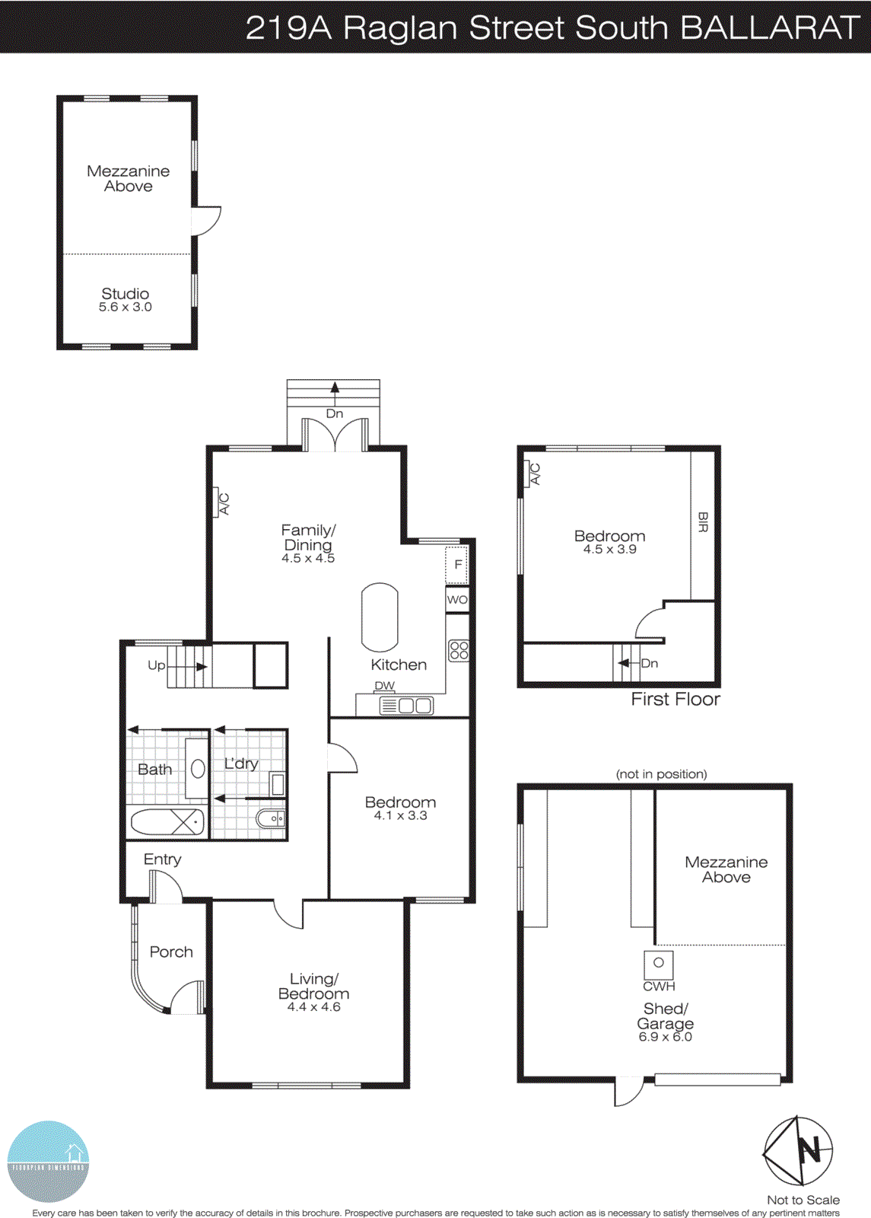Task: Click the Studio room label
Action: (126, 294)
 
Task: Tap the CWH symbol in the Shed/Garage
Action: (659, 964)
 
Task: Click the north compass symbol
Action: (798, 1151)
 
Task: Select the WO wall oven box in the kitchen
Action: (457, 600)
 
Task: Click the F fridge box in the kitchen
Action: (456, 564)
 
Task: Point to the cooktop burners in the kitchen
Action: (459, 650)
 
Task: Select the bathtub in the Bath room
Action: (167, 822)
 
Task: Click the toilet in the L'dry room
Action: (271, 819)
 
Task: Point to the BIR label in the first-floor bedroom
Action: (703, 522)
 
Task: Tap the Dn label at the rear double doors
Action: (335, 414)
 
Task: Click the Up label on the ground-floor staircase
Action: (156, 665)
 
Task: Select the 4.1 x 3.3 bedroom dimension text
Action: (400, 815)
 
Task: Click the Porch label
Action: (171, 952)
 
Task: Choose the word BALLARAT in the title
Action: (769, 27)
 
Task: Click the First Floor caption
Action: (676, 700)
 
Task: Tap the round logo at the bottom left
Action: (48, 1162)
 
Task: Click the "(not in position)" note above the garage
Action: (661, 774)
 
